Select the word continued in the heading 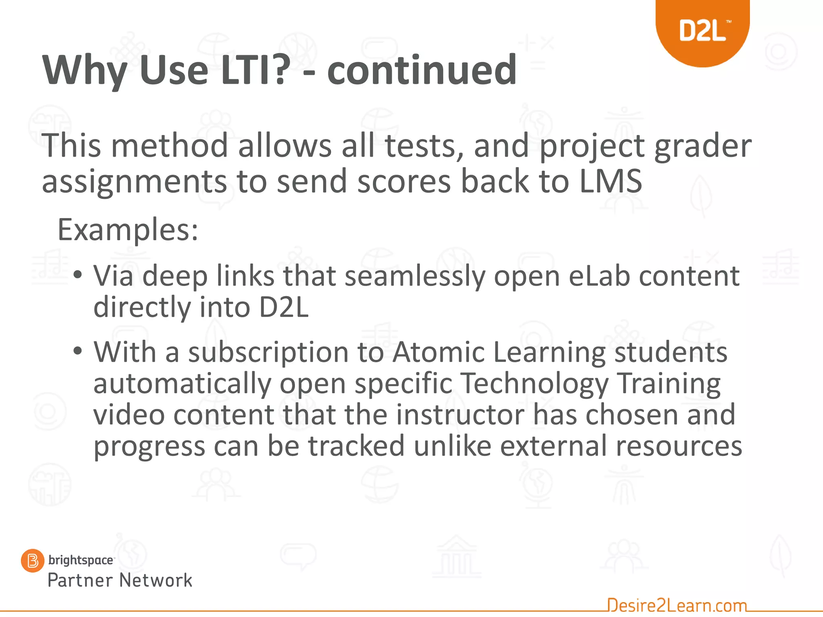click(x=422, y=70)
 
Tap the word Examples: click(x=128, y=230)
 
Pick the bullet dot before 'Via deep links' click(x=78, y=275)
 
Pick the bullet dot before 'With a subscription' click(x=78, y=351)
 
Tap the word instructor click(x=460, y=415)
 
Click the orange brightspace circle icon click(x=32, y=560)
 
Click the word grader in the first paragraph click(x=703, y=146)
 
